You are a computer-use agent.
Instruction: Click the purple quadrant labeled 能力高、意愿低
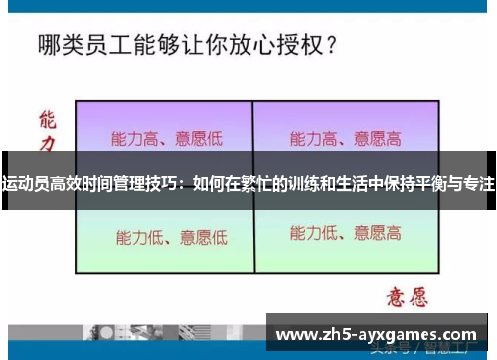coord(164,137)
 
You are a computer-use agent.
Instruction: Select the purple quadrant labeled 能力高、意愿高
coord(345,137)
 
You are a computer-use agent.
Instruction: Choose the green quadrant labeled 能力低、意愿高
coord(345,235)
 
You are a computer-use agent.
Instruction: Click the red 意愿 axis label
coord(403,295)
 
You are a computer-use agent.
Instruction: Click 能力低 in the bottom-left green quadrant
coord(137,237)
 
